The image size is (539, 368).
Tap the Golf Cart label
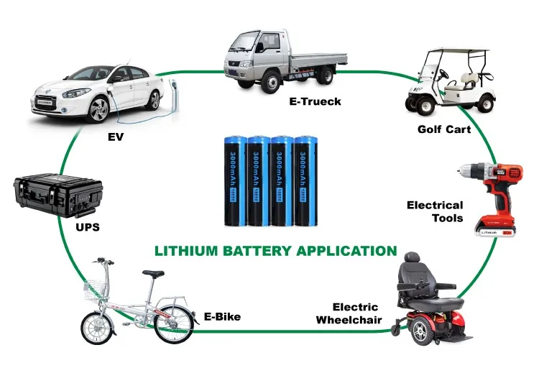[x=444, y=129]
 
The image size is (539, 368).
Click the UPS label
[x=87, y=227]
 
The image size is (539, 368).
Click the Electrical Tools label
[x=435, y=211]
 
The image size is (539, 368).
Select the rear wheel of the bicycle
[x=173, y=323]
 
